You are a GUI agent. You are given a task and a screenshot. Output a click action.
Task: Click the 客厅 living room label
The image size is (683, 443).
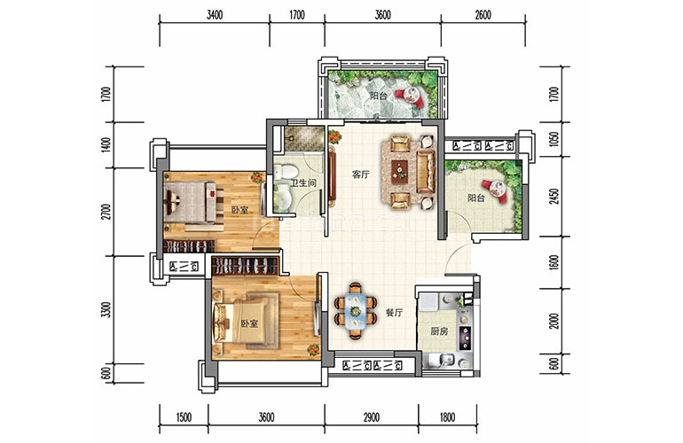360,175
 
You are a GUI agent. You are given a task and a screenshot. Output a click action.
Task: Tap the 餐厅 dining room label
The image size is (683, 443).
394,313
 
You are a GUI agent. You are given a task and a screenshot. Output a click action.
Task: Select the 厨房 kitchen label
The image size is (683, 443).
439,331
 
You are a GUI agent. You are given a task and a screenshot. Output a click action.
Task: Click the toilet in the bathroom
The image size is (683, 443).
285,172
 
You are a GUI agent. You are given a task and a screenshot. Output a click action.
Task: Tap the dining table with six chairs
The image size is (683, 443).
356,311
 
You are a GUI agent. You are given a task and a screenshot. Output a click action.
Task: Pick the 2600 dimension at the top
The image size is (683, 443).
483,15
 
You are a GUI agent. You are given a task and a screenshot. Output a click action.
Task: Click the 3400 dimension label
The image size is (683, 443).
215,15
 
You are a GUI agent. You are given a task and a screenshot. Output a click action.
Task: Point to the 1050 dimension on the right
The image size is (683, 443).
554,139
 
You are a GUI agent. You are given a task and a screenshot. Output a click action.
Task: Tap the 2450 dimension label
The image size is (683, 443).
554,197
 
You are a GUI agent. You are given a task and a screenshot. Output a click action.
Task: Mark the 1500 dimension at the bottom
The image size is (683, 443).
184,417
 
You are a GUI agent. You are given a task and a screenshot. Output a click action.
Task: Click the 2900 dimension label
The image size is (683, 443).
371,417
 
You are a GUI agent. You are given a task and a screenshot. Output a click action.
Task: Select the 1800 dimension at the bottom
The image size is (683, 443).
447,417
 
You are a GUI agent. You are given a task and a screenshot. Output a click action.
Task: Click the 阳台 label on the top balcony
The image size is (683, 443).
378,96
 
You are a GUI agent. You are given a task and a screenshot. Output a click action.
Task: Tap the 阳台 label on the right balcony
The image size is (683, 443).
476,198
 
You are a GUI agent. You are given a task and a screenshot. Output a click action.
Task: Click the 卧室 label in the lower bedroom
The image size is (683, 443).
249,323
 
